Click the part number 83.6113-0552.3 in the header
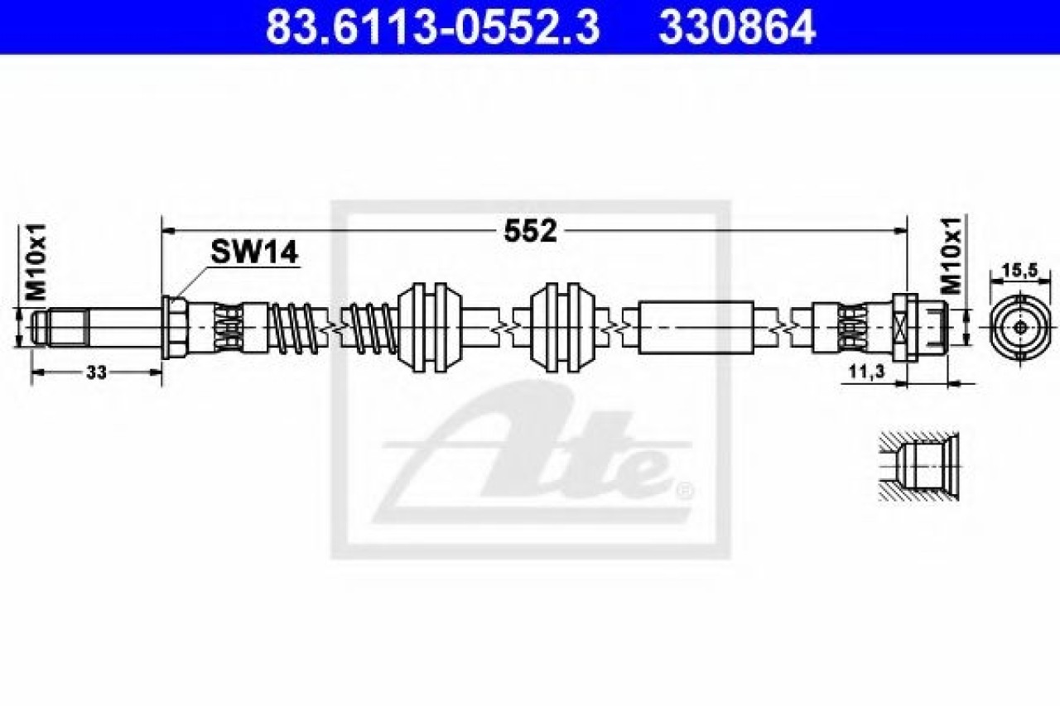click(x=432, y=26)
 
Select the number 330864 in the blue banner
click(x=737, y=26)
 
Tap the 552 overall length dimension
click(x=531, y=231)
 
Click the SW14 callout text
click(x=254, y=252)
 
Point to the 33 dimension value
click(x=97, y=372)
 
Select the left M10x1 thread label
click(x=37, y=262)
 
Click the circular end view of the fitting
click(x=1022, y=327)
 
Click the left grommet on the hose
click(x=430, y=327)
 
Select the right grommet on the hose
click(x=562, y=327)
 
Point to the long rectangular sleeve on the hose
click(x=696, y=327)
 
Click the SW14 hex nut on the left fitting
click(x=175, y=327)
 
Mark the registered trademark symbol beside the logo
click(x=685, y=492)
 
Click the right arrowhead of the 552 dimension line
click(x=899, y=231)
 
